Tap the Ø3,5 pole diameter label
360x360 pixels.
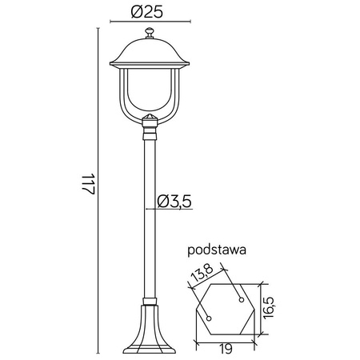pos(175,201)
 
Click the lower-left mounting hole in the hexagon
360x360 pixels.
pos(210,318)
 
